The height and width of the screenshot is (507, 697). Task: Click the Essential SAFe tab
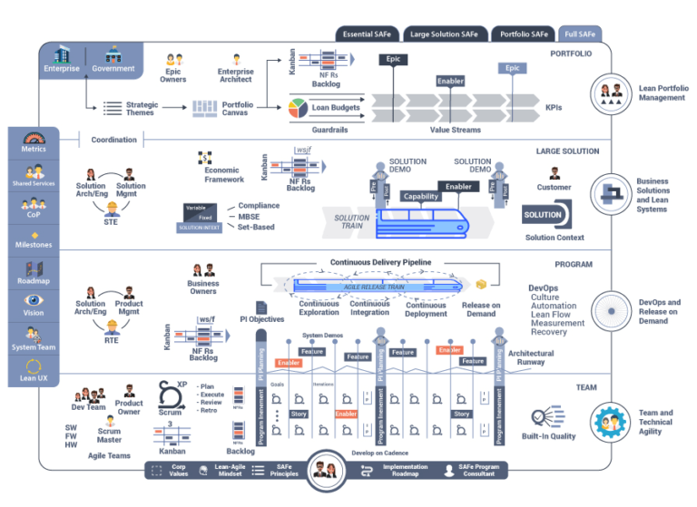[368, 34]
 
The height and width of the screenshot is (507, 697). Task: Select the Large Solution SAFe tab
[444, 34]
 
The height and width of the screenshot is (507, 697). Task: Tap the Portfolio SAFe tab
[524, 34]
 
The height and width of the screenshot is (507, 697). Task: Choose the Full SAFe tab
[580, 34]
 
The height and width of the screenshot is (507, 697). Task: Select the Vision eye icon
[34, 300]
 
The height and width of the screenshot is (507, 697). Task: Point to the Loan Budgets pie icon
[297, 108]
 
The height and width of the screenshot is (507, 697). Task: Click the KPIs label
[554, 108]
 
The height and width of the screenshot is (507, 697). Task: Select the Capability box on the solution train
[421, 196]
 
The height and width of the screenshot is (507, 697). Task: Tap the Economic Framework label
[224, 175]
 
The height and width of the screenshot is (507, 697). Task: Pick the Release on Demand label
[480, 309]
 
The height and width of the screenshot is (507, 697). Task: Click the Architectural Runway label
[531, 358]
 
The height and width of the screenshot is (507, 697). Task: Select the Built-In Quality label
[549, 436]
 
